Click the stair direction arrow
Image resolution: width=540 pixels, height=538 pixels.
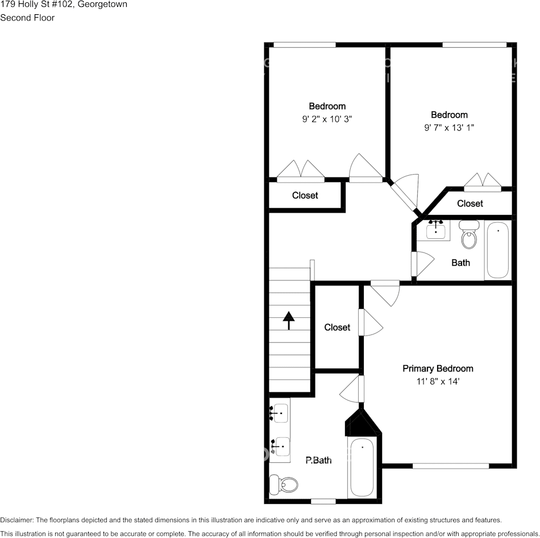289,321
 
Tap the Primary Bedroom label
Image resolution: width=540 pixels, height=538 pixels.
438,369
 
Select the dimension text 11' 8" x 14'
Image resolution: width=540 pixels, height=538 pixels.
438,382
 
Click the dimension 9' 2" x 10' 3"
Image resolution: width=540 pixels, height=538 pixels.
327,119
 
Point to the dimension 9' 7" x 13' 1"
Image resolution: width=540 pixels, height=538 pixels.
449,128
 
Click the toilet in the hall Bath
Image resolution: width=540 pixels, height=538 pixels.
469,235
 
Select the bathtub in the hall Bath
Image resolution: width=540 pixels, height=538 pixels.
497,250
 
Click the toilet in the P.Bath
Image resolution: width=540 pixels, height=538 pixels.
284,484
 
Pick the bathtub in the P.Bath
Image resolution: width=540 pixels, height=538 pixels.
362,467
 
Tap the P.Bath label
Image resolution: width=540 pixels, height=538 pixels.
318,461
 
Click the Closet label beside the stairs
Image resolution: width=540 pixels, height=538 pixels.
337,328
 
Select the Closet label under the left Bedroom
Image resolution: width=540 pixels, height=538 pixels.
305,196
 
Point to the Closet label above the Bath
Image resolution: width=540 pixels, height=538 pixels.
470,204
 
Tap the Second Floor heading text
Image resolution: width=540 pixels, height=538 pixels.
27,18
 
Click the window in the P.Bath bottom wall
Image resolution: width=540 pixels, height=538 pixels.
323,501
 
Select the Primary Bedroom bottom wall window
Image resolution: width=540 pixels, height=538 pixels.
450,466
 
